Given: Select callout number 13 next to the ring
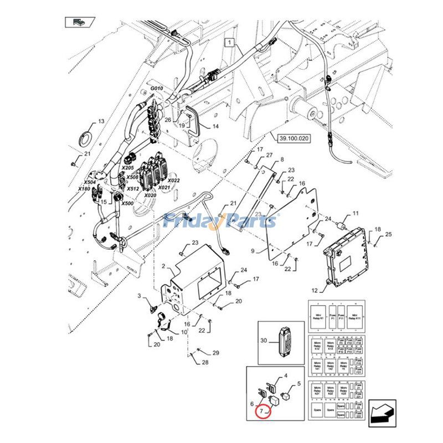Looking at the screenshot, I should coord(101,121).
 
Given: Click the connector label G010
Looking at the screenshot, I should coord(156,89).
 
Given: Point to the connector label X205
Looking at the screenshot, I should coord(127,167).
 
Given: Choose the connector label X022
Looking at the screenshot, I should coord(173,181).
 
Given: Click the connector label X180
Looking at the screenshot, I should coord(84,189).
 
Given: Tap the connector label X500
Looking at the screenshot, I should coord(128,203).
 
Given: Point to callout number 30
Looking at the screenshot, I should coord(264,341).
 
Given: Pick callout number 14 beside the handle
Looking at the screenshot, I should coord(215,126).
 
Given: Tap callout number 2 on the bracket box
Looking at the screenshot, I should coord(163,267).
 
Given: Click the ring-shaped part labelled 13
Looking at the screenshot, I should coord(87,135).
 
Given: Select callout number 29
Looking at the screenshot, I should coord(216,353).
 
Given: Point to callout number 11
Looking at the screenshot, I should coord(356,213).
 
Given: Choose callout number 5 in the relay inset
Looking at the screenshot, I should coord(298,384).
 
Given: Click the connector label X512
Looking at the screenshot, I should coord(133,188).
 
